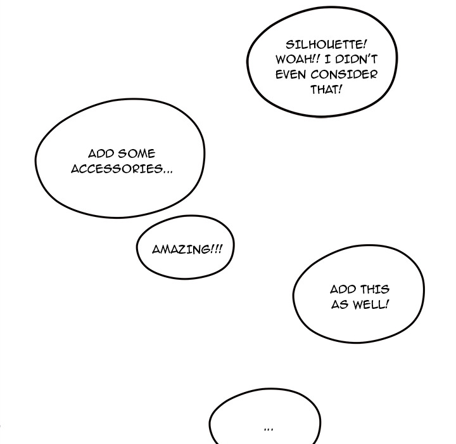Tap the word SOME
136,154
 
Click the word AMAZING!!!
187,249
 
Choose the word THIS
374,289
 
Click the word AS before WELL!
339,304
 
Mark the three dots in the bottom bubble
268,429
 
